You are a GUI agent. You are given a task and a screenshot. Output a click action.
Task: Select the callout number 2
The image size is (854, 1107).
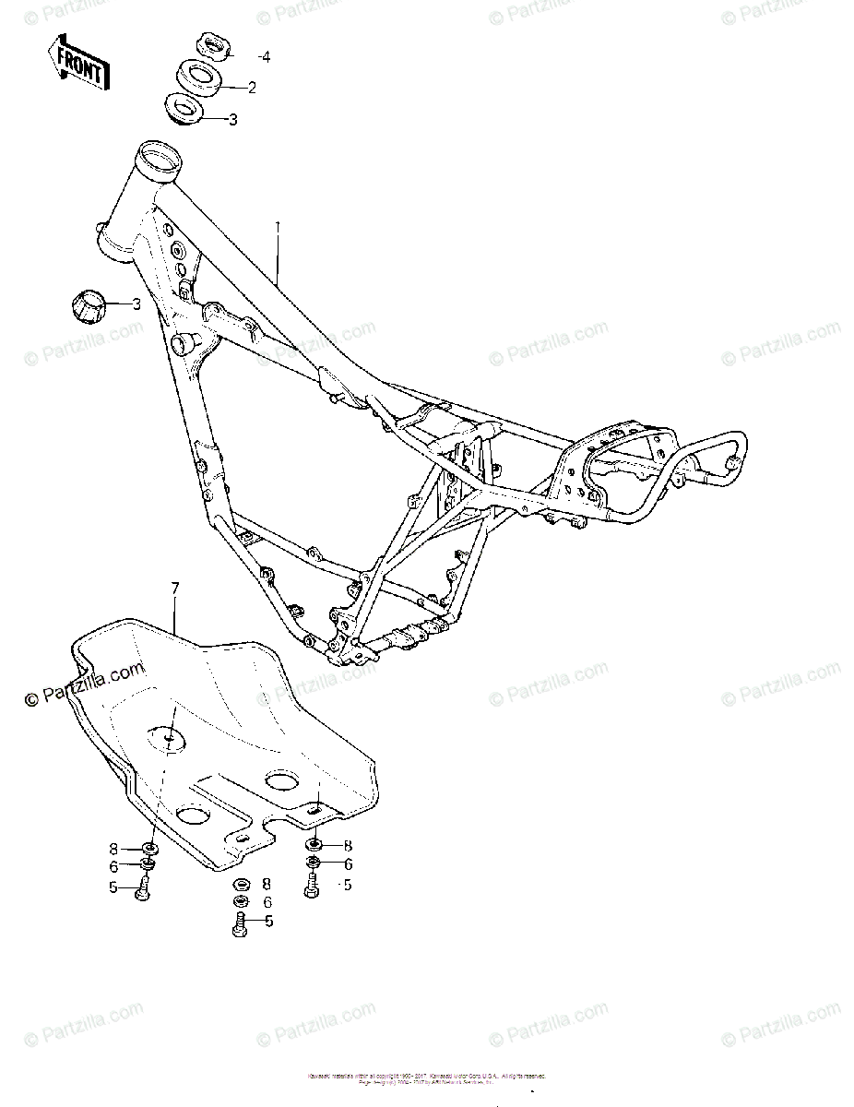251,88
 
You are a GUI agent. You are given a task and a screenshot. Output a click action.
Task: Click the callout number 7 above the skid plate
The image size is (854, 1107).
174,587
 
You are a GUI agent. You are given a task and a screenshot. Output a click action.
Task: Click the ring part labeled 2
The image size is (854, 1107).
197,77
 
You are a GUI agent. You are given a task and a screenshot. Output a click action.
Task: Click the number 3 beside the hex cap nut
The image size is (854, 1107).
136,304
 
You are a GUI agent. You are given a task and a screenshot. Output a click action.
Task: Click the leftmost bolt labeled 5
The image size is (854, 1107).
143,889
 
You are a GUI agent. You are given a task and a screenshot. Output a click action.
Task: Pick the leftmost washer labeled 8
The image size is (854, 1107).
149,848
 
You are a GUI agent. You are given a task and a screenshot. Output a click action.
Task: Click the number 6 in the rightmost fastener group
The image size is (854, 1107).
349,864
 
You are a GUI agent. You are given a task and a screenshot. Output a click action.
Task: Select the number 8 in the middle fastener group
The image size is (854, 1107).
267,883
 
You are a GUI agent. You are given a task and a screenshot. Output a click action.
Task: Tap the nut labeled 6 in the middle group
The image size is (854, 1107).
241,901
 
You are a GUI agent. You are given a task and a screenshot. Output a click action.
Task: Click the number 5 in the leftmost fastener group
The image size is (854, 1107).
113,887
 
